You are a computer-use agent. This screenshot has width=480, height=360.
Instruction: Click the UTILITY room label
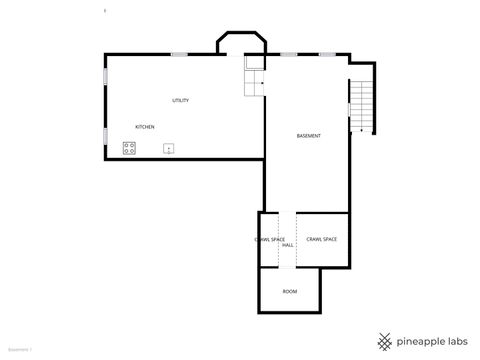[180, 100]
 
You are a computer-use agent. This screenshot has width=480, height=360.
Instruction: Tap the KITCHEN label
[145, 127]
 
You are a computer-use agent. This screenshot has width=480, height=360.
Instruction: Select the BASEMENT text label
[309, 136]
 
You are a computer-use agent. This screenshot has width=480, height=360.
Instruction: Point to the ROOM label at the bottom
[290, 291]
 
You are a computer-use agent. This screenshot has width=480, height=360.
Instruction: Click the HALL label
[288, 245]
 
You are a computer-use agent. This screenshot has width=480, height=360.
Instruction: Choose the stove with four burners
[130, 148]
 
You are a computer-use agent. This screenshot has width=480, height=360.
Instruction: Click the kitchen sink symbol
[169, 149]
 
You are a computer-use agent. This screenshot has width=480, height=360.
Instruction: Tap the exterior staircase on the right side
[361, 106]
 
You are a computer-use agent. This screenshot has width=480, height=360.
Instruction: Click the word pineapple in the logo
[419, 339]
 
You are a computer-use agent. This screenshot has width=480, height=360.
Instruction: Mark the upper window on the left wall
[105, 75]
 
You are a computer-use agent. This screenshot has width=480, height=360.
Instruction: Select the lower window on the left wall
[105, 136]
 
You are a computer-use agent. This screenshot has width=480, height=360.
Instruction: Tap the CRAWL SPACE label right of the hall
[321, 239]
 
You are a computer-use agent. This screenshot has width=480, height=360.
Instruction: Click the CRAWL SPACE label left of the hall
[270, 239]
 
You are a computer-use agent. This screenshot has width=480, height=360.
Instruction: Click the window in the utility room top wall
[180, 53]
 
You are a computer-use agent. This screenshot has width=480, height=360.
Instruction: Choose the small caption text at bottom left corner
[20, 350]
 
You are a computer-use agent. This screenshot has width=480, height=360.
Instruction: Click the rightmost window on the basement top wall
[327, 53]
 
